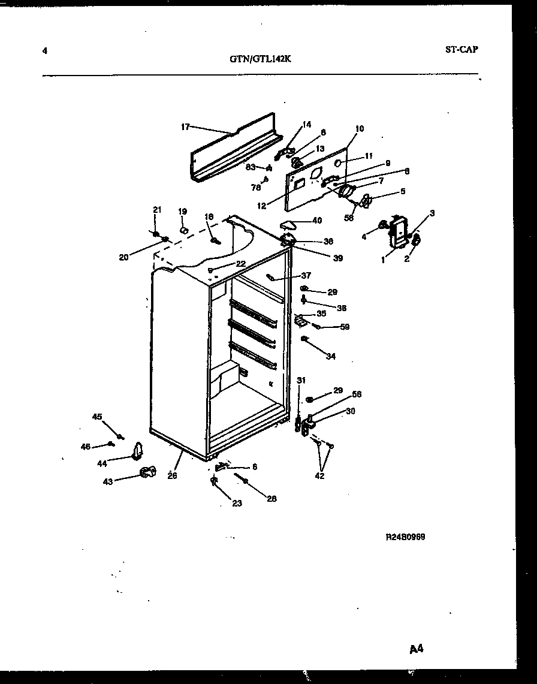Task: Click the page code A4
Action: coord(417,649)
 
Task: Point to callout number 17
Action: coord(185,126)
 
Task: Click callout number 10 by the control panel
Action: coord(360,128)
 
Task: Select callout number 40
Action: coord(316,221)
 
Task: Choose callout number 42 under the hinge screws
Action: coord(320,477)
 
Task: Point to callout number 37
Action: coord(306,275)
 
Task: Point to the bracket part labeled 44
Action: coord(138,450)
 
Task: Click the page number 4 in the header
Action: coord(45,50)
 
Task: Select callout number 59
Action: coord(345,327)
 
